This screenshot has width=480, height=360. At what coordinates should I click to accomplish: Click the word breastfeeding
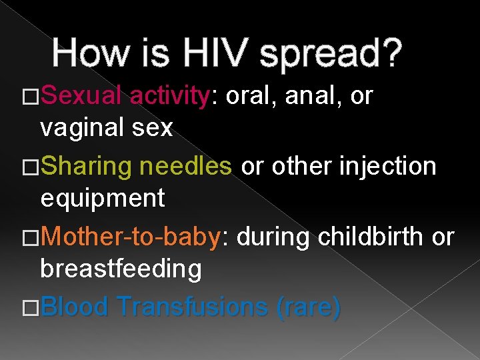[121, 269]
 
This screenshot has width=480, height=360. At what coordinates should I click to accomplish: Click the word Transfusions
[193, 307]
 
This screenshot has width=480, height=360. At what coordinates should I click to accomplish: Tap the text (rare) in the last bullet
[309, 307]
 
